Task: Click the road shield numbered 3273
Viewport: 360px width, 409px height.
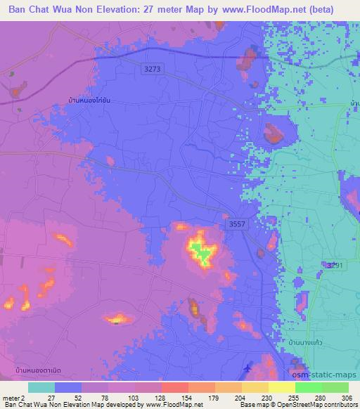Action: coord(152,68)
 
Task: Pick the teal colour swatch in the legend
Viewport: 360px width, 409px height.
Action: coord(41,388)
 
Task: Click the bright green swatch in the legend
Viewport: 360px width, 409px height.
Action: coord(309,388)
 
